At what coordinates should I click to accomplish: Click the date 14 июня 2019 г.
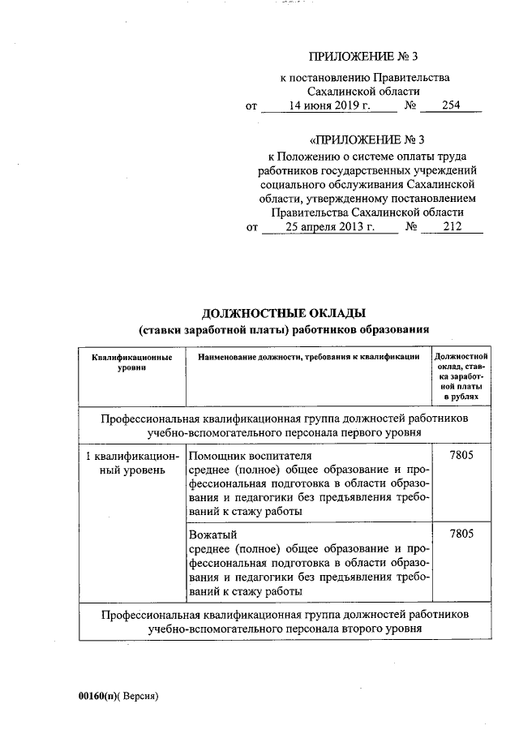[330, 106]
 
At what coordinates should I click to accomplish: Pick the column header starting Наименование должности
[302, 357]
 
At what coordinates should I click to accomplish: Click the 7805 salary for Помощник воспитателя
[460, 457]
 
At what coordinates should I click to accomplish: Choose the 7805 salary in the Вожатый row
[460, 534]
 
